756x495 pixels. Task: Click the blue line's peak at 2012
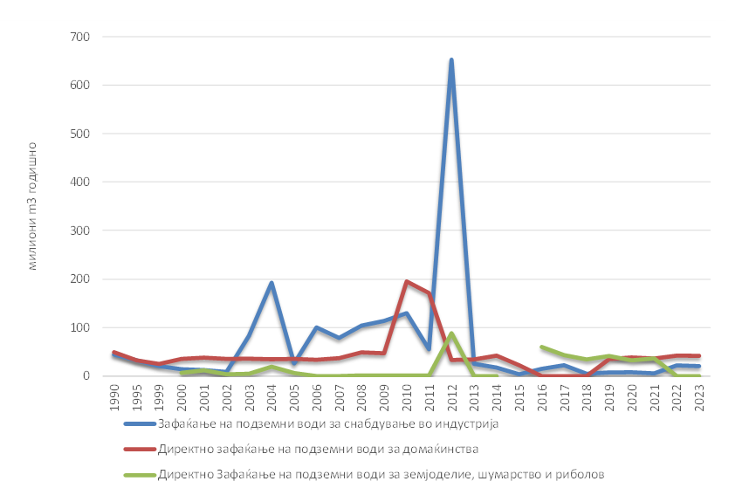(451, 60)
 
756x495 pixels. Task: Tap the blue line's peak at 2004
(271, 283)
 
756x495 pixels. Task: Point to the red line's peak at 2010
(407, 281)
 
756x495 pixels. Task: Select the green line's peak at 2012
(451, 333)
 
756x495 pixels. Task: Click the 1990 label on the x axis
(113, 391)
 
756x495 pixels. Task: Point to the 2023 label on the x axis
(700, 391)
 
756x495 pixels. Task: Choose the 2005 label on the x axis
(294, 391)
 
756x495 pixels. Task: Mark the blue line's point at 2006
(317, 327)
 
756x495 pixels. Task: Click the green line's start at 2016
(542, 347)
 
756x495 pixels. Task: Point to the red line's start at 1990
(114, 353)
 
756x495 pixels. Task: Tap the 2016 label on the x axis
(542, 391)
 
